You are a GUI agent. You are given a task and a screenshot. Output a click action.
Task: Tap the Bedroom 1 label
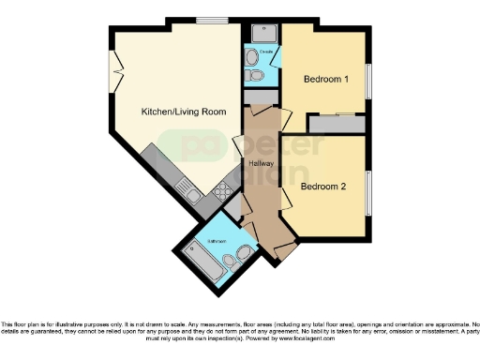pos(325,80)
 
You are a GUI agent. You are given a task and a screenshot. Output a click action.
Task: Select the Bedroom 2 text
pos(323,186)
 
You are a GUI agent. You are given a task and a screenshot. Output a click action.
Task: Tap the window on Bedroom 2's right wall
pos(368,192)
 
